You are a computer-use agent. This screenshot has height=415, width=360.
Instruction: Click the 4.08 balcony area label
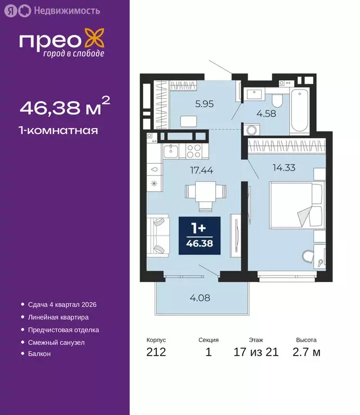coord(199,297)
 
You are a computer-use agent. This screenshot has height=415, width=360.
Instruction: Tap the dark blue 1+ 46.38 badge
coord(199,236)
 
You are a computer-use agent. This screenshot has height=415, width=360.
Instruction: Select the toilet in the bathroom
coord(277,99)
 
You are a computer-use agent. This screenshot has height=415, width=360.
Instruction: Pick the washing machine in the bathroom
coord(252,130)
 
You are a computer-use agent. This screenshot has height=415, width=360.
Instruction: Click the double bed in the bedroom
coord(295,205)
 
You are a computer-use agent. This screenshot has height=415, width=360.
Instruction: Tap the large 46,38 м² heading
coord(65,108)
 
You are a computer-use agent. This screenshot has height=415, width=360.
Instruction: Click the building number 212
coord(156,353)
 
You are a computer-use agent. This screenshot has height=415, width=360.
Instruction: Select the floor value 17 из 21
coord(256,353)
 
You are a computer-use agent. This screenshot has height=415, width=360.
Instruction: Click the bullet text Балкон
coord(39,353)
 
